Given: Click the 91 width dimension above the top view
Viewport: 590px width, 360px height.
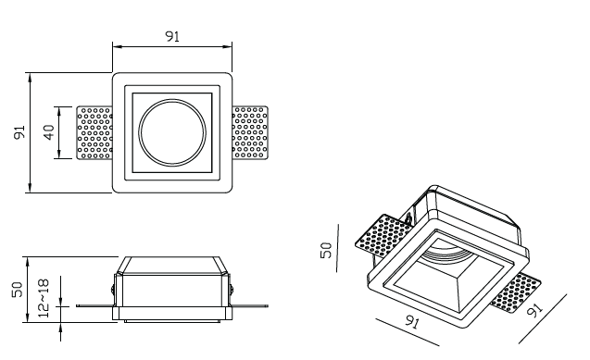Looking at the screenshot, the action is (x=172, y=36).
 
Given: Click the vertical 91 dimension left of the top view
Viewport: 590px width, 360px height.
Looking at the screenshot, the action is (x=19, y=132).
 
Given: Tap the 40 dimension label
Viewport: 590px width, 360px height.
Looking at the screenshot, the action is (x=49, y=132).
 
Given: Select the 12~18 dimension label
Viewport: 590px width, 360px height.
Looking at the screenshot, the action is (x=44, y=298).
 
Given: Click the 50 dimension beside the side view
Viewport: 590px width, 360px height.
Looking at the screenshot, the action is (x=18, y=290).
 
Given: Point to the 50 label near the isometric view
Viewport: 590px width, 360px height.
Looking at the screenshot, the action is (x=326, y=250).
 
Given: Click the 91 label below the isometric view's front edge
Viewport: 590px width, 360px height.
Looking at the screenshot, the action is (x=412, y=322).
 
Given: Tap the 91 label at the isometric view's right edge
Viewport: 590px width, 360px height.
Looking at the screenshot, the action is (x=535, y=310).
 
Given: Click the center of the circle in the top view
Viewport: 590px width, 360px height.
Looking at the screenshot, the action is (x=172, y=132).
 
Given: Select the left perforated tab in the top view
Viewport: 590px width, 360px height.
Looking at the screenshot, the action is (x=94, y=132).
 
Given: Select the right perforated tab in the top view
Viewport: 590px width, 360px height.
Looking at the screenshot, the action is (x=250, y=132).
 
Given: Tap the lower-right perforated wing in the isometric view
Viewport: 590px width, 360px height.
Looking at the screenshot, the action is (x=516, y=292).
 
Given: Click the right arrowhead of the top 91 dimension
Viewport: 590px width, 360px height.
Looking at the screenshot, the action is (x=228, y=47).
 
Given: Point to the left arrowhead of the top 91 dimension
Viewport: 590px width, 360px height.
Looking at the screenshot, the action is (x=118, y=47).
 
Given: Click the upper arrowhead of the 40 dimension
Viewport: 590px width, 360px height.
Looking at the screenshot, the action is (x=59, y=111).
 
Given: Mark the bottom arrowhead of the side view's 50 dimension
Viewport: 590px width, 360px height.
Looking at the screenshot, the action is (x=29, y=317).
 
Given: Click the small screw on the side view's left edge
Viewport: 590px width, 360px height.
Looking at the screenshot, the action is (x=113, y=290).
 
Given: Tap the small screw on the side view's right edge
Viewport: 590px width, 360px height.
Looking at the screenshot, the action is (x=232, y=290).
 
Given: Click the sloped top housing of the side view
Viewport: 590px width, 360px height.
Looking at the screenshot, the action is (x=172, y=266).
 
